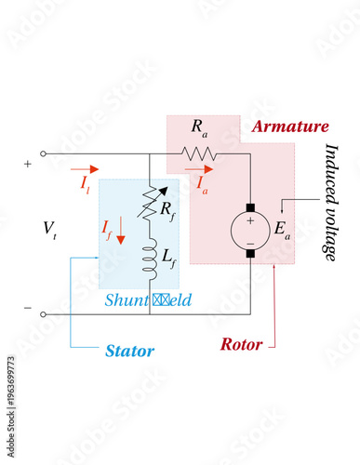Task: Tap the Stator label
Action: point(129,351)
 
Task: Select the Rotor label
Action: point(241,344)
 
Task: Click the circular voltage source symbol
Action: point(249,229)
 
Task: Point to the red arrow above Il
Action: point(83,171)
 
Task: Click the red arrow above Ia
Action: point(200,170)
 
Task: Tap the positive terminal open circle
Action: point(44,153)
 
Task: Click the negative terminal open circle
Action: point(44,314)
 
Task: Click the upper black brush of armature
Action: point(249,205)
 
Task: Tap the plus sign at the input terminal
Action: point(27,165)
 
